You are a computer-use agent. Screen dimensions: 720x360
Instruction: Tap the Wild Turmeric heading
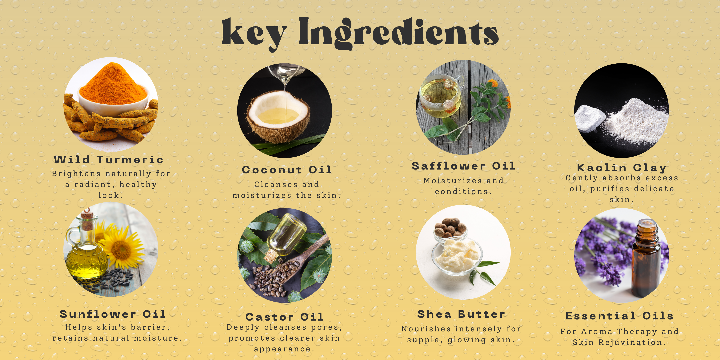tap(109, 160)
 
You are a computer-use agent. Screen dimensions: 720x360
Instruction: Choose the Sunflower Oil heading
tap(113, 314)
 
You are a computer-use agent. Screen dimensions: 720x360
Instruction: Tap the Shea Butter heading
tap(461, 314)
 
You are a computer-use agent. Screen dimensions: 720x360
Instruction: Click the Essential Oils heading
tap(620, 316)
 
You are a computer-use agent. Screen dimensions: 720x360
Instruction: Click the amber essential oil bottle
tap(646, 258)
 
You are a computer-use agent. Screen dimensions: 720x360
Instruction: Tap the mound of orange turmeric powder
tap(113, 84)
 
